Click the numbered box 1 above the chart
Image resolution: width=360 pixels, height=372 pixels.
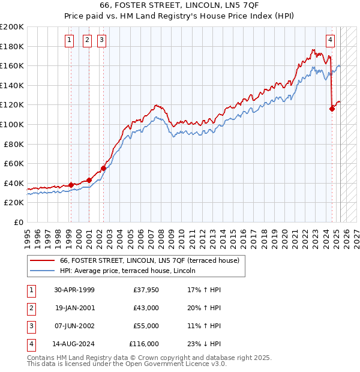70,40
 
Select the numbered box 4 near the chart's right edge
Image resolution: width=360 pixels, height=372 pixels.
331,40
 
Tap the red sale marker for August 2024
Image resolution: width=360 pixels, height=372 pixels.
332,109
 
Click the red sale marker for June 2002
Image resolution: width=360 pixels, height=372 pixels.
103,168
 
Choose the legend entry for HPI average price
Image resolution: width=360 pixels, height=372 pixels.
131,271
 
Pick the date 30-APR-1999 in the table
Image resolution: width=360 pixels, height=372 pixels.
74,290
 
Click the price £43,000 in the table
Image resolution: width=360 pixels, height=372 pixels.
145,308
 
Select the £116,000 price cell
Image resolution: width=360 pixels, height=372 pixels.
144,344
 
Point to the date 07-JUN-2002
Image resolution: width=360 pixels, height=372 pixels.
74,326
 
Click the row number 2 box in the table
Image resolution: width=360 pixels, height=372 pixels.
31,308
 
